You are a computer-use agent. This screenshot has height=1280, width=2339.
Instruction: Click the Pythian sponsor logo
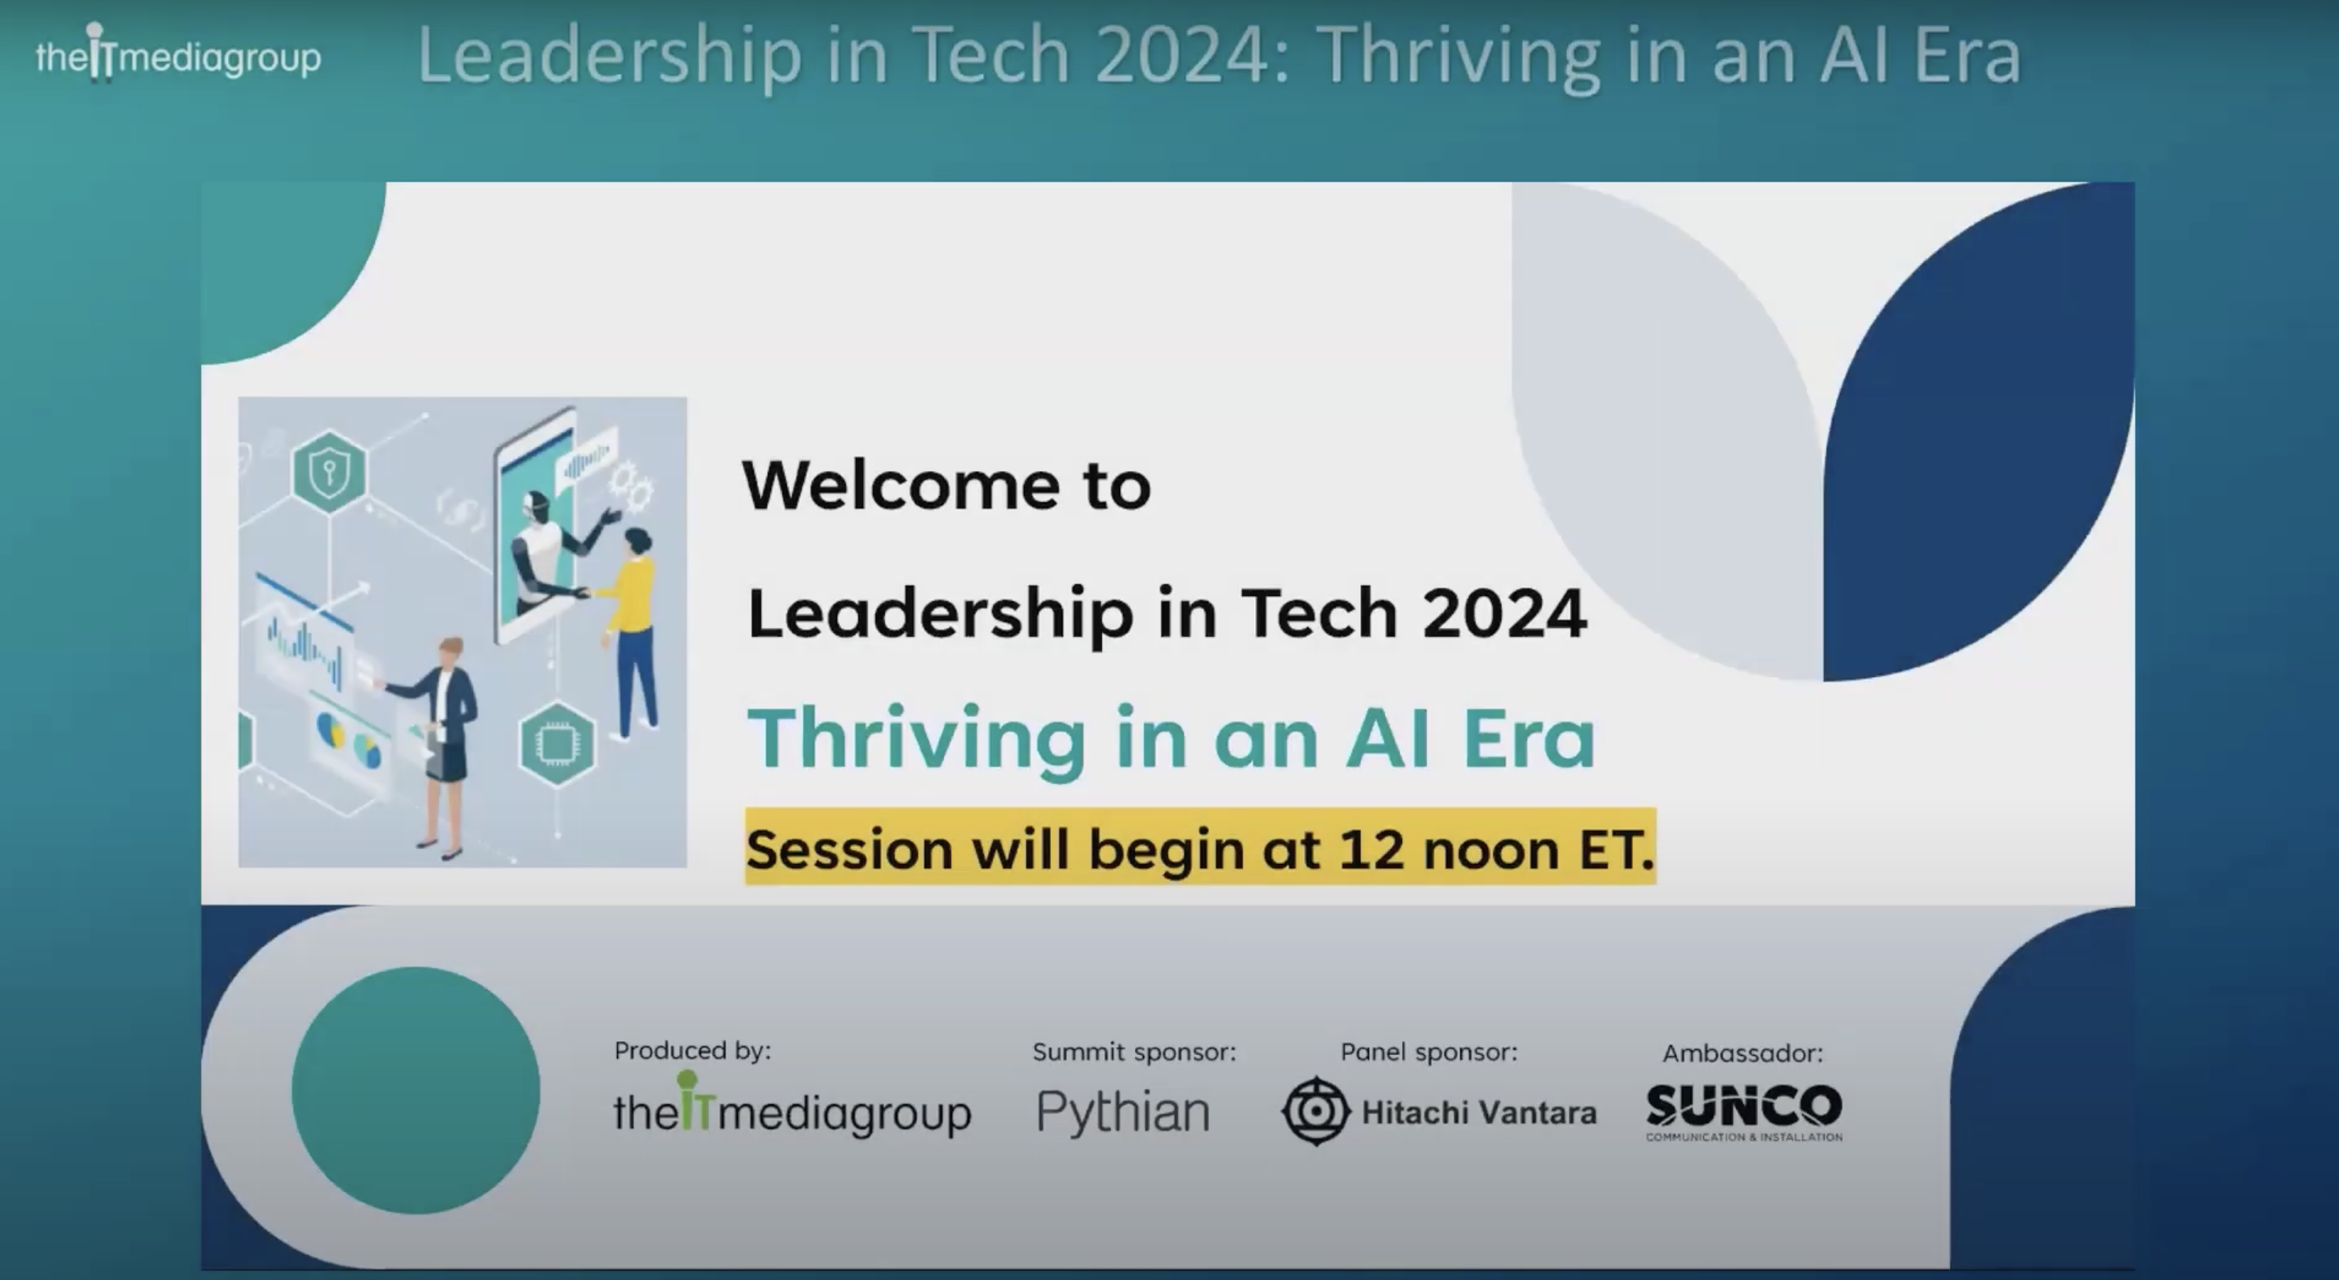click(1123, 1112)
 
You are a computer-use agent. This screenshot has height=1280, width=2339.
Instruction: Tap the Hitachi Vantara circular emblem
click(1316, 1111)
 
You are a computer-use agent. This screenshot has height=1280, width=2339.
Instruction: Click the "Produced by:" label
click(692, 1051)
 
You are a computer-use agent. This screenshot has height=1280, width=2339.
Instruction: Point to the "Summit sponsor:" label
click(1134, 1052)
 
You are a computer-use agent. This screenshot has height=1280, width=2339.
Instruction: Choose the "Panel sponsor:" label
click(1428, 1052)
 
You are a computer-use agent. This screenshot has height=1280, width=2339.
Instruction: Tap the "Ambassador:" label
click(1742, 1054)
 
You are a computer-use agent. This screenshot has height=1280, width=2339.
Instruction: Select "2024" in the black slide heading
click(1504, 613)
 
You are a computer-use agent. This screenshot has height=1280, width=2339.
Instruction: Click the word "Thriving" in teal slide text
click(916, 737)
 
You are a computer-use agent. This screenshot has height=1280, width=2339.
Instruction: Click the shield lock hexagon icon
click(329, 472)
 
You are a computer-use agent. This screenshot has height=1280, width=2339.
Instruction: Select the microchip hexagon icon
click(556, 744)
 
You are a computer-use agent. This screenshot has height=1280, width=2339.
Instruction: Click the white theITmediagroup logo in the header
click(178, 57)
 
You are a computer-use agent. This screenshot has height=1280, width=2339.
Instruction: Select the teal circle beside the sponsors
click(416, 1091)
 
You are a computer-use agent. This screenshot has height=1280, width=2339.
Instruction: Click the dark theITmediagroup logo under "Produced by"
click(791, 1110)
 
